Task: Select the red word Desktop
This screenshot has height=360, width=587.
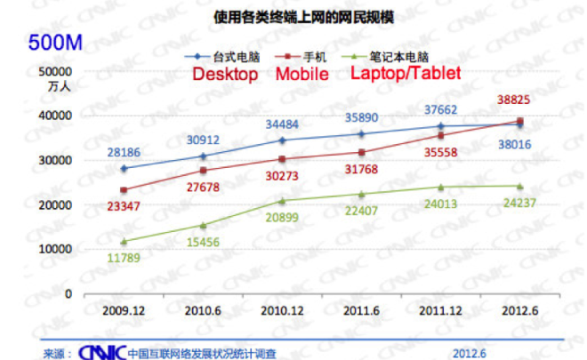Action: (226, 74)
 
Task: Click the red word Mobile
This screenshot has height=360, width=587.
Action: (302, 74)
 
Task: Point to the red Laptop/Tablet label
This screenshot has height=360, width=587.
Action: (406, 73)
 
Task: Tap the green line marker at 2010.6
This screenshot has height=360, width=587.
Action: (202, 226)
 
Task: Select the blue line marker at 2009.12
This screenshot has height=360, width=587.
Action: (124, 169)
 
